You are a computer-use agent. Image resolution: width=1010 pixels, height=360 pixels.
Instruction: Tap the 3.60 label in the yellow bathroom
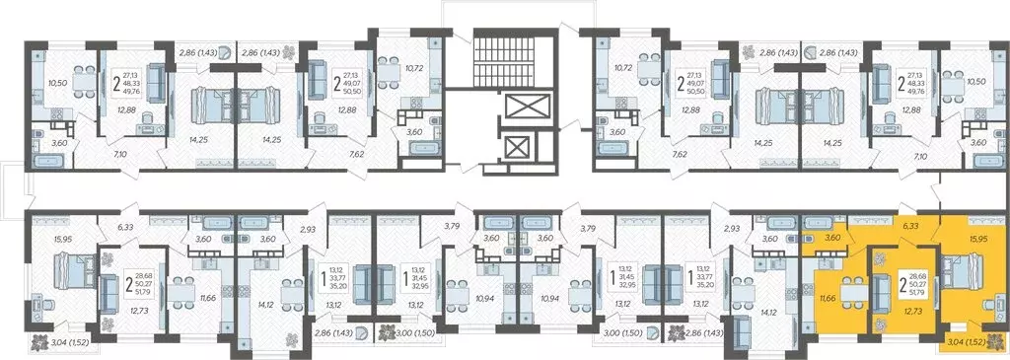[832, 237]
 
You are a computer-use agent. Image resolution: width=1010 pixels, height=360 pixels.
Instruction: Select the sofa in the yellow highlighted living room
[882, 292]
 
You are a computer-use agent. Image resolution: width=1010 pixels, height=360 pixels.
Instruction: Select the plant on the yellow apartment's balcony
[995, 342]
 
